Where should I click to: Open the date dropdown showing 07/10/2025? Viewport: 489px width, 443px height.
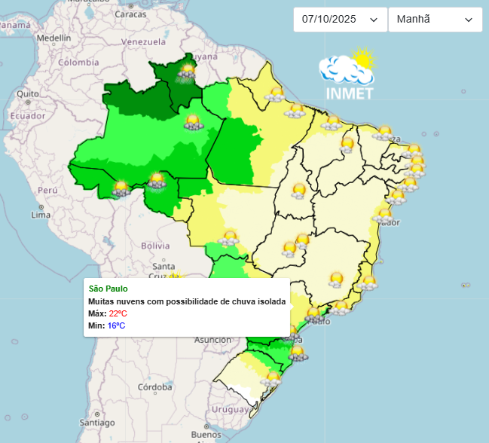[x=339, y=20]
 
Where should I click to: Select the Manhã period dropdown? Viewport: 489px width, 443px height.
[x=435, y=20]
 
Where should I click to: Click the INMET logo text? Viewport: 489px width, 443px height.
[x=349, y=93]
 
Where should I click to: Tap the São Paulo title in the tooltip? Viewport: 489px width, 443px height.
[x=108, y=289]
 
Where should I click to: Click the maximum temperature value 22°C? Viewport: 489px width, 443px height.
[x=118, y=313]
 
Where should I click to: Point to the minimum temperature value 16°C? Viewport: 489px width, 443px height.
[x=116, y=325]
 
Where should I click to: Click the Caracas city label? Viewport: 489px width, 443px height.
[x=130, y=14]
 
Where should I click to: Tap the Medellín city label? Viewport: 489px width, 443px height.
[x=53, y=38]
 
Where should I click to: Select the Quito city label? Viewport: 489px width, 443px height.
[x=28, y=94]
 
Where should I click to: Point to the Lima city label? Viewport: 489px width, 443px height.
[x=40, y=215]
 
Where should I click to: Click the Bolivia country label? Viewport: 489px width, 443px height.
[x=156, y=246]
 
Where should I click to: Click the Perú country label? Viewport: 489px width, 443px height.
[x=48, y=191]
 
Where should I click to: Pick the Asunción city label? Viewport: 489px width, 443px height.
[x=213, y=340]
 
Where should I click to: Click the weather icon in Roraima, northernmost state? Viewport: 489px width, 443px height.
[x=186, y=72]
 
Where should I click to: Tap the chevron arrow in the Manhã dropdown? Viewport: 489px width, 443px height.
[x=469, y=20]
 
